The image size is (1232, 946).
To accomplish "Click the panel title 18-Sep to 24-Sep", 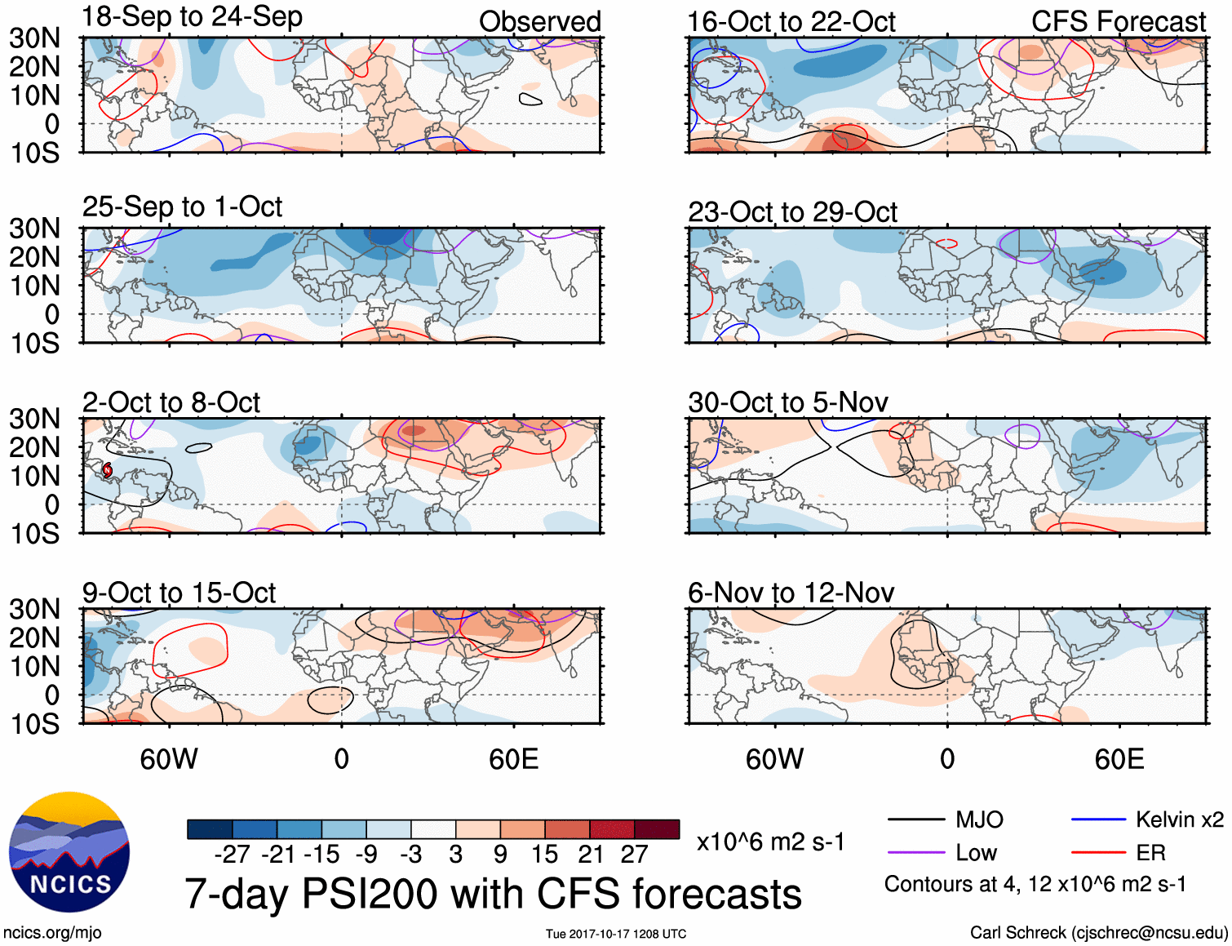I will (193, 17).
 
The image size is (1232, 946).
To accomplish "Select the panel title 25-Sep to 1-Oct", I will (182, 207).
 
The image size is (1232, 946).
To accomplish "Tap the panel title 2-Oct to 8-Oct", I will (171, 402).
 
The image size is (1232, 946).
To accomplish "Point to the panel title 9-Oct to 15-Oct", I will (179, 593).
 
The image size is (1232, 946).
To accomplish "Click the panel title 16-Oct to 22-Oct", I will (791, 22).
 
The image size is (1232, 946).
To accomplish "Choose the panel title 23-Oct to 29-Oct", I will (792, 212).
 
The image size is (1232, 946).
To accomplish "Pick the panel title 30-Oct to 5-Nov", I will (787, 402).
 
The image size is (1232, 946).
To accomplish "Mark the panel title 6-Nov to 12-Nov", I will (791, 593).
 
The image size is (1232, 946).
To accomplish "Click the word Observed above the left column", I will (539, 22).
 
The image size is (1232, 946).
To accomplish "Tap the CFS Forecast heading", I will (1118, 22).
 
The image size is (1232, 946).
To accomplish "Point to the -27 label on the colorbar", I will (232, 855).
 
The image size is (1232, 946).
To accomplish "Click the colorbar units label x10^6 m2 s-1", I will (770, 842).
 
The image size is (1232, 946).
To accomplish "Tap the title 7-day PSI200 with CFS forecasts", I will (493, 894).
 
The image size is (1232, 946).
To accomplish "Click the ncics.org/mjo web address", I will (52, 932).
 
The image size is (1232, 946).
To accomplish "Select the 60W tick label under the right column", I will (774, 759).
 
